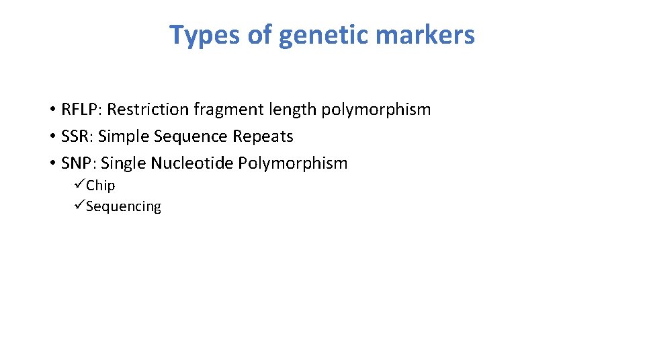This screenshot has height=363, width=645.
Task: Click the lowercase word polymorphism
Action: [376, 110]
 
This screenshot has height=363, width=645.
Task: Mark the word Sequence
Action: [191, 136]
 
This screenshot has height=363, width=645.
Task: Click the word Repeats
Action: [263, 136]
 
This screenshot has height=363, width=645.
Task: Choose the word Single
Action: [124, 163]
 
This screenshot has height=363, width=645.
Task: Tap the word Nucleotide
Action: [192, 163]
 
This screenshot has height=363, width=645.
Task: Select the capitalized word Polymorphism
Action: [293, 163]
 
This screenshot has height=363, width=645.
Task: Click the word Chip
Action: [101, 186]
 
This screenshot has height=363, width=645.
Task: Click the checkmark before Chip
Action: [80, 185]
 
